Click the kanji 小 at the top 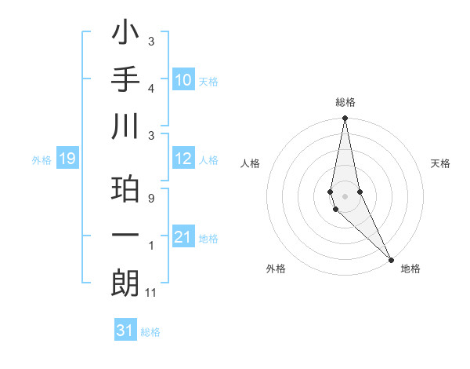[x=125, y=36]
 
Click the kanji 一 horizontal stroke [x=125, y=236]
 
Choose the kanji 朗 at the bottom [x=125, y=282]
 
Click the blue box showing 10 [x=183, y=80]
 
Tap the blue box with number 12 [x=183, y=159]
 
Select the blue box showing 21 [x=183, y=237]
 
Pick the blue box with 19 [x=67, y=159]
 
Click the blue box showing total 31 [x=125, y=331]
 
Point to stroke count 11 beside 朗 [x=152, y=293]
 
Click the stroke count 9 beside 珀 [x=150, y=199]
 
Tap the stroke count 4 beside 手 [x=150, y=89]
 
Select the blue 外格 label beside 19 [x=42, y=160]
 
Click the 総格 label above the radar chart [x=345, y=103]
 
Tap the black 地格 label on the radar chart [x=410, y=269]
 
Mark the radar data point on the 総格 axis [x=345, y=119]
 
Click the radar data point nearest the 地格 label [x=391, y=259]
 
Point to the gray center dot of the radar [x=345, y=196]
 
